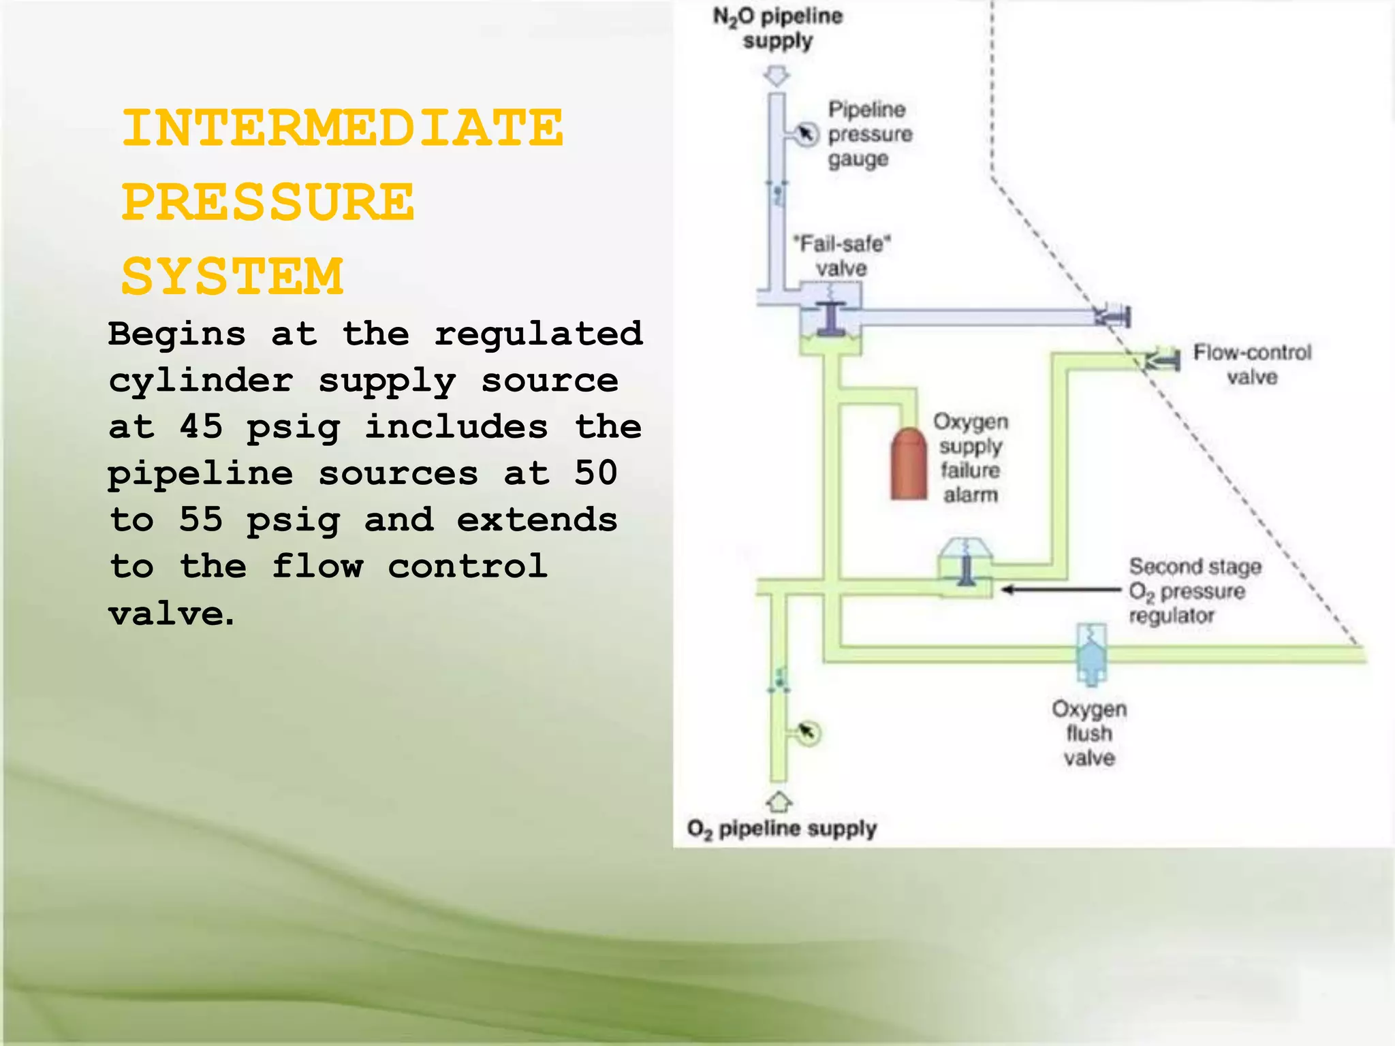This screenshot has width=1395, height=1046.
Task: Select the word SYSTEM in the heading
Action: [232, 276]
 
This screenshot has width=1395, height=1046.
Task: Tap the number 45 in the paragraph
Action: [201, 427]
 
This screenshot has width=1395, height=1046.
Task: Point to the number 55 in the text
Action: [201, 520]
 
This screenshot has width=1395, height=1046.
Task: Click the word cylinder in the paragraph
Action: [201, 381]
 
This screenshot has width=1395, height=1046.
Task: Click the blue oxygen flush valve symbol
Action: [1091, 654]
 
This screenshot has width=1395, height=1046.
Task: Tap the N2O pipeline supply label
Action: [777, 28]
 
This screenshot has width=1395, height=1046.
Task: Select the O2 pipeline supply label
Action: [781, 829]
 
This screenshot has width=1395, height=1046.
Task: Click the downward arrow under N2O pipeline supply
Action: [777, 76]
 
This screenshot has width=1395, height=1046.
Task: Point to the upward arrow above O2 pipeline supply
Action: [779, 802]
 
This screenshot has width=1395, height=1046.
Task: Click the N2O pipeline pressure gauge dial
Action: [806, 133]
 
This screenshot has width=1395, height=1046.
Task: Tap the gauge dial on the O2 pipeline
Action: [808, 733]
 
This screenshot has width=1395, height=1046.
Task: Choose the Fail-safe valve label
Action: [842, 255]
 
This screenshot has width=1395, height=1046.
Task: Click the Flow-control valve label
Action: [1252, 364]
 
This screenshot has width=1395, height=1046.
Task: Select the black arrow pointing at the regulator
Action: [1060, 590]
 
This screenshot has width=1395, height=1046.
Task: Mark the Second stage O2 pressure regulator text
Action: [1193, 590]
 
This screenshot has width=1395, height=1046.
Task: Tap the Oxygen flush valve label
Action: [1089, 733]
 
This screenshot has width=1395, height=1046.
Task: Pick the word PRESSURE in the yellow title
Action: [268, 202]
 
